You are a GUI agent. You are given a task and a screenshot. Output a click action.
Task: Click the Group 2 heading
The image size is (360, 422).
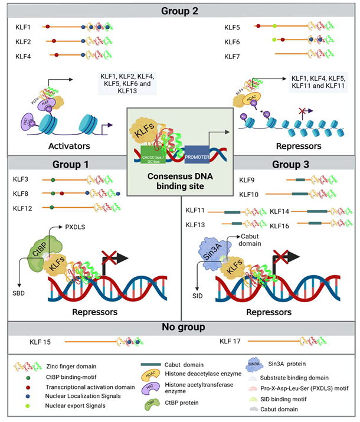pyautogui.click(x=180, y=10)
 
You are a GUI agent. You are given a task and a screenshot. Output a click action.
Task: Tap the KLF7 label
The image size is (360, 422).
pyautogui.click(x=233, y=57)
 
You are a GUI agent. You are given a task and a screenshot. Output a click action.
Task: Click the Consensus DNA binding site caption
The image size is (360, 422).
pyautogui.click(x=179, y=176)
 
